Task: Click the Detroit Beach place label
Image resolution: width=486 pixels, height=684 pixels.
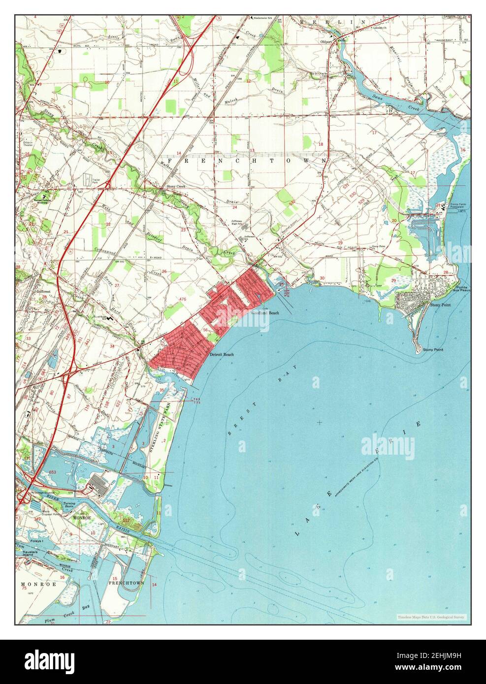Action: pos(221,354)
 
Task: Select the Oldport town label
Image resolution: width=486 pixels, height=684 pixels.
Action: pos(327,41)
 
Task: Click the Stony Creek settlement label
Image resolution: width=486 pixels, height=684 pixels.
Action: pos(163,187)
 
